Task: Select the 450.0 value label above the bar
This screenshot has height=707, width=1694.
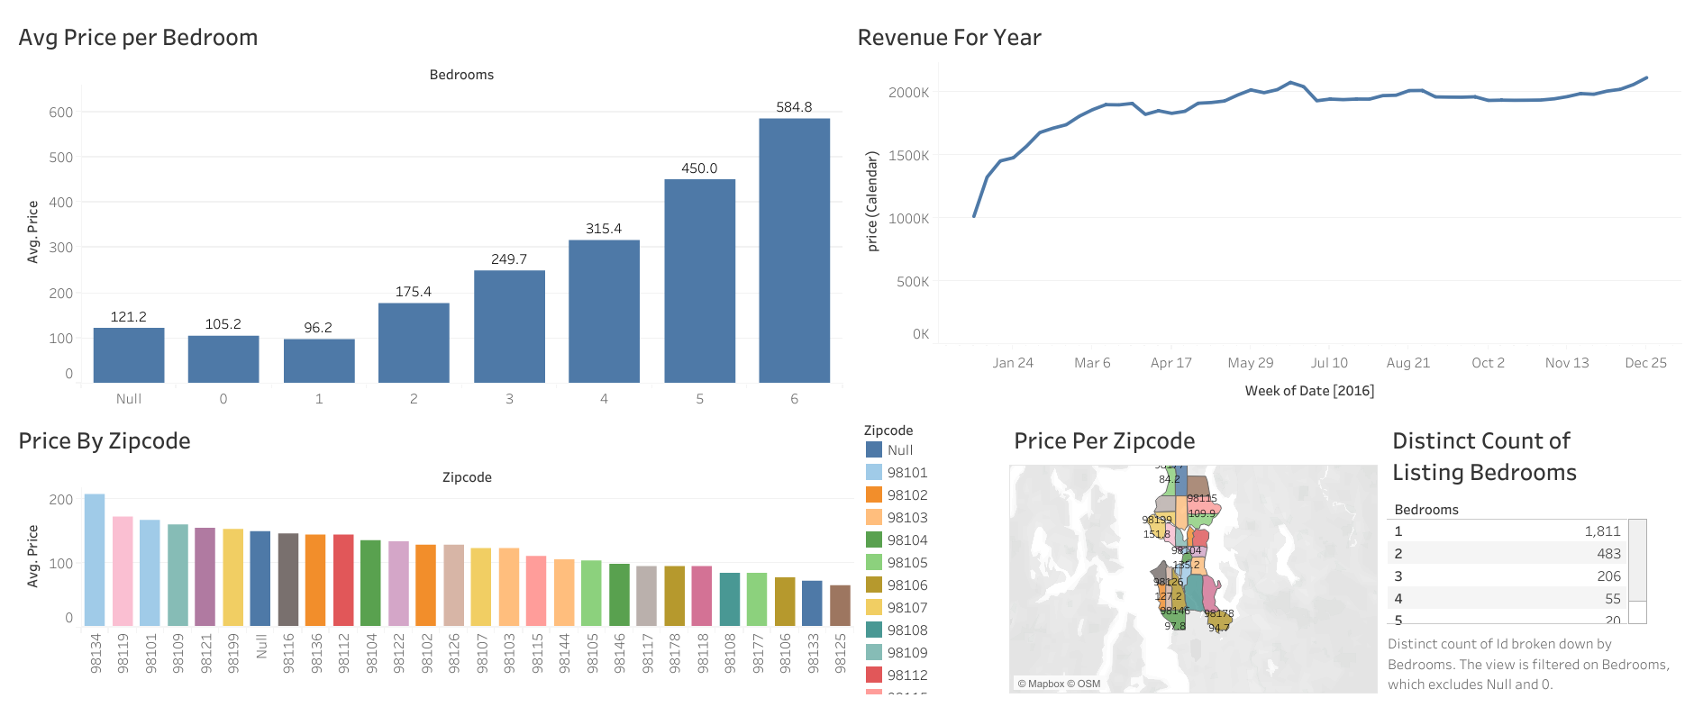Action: tap(699, 168)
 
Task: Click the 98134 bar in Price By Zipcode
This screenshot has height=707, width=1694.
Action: tap(95, 559)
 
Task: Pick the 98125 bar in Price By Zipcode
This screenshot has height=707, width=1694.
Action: tap(840, 605)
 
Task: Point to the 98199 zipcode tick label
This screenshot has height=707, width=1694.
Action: tap(233, 652)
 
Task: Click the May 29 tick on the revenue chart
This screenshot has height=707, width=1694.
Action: tap(1250, 363)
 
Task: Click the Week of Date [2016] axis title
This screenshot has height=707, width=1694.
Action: tap(1309, 391)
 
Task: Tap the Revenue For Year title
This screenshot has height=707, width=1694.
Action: tap(949, 38)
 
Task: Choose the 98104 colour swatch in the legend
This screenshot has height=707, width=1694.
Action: tap(873, 539)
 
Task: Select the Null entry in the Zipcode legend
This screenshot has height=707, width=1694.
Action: tap(899, 450)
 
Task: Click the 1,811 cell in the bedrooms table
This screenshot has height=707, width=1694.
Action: tap(1602, 531)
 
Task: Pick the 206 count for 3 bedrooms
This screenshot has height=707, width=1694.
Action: tap(1608, 576)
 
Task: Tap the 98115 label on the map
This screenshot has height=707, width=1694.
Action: tap(1201, 498)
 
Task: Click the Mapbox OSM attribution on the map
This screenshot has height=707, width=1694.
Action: tap(1059, 684)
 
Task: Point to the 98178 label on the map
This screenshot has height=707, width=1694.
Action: tap(1218, 613)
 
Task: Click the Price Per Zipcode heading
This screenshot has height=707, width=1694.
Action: tap(1104, 441)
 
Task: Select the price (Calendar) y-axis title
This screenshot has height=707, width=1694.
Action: tap(871, 201)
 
